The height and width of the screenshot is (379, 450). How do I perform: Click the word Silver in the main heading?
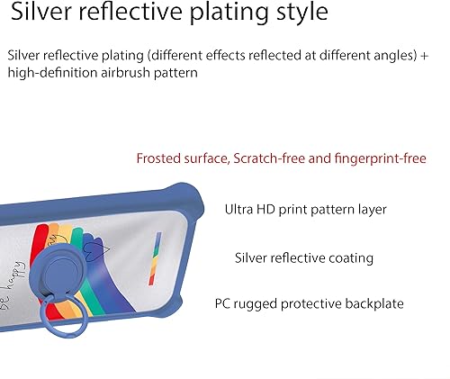41,12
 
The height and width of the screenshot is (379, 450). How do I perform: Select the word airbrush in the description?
126,73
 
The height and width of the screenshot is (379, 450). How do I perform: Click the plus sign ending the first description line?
424,56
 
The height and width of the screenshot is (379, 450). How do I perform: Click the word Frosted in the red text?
158,158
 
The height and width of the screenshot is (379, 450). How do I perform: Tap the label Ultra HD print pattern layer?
305,210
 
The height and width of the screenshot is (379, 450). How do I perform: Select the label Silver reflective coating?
304,258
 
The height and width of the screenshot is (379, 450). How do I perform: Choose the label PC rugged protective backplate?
309,304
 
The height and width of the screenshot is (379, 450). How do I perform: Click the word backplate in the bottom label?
374,303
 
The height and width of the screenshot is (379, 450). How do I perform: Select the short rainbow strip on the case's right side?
155,258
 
